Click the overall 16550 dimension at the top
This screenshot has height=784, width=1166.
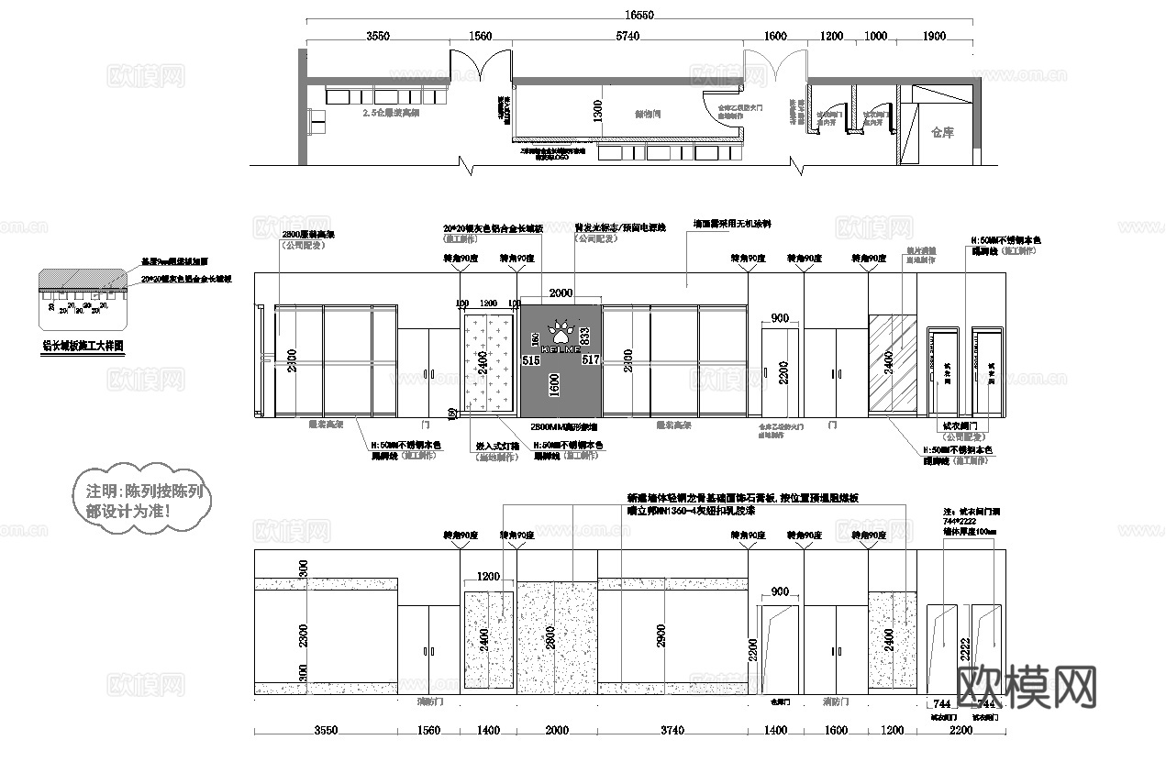(639, 15)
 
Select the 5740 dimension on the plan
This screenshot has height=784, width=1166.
(627, 36)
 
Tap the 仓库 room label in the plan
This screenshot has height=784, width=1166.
(942, 132)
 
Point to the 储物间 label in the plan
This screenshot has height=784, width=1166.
(649, 115)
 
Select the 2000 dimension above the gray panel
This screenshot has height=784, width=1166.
(561, 293)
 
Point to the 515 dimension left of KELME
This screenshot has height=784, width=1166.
(530, 360)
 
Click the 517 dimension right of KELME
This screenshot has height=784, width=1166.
(591, 360)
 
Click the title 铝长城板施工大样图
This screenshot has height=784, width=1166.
(83, 347)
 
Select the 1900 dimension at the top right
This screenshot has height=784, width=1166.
(933, 36)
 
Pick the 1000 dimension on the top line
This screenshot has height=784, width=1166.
(876, 36)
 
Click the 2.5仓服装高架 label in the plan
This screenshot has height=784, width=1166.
(390, 114)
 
